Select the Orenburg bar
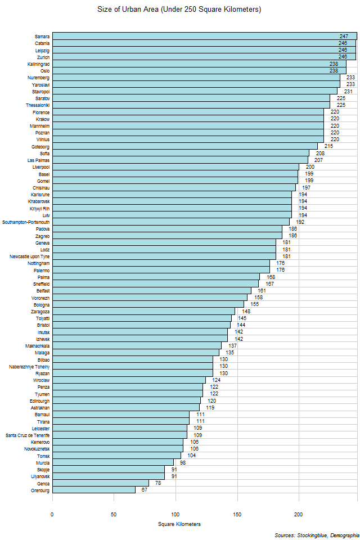coord(94,490)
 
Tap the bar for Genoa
coord(100,483)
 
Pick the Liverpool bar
coord(175,167)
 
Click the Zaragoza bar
coord(143,312)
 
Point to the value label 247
coord(344,37)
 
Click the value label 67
coord(145,490)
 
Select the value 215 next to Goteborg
coord(328,146)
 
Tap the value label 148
coord(246,312)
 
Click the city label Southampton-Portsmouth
coord(26,222)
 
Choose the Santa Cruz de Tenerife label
coord(28,435)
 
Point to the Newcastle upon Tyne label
coord(30,256)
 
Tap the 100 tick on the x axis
coord(175,514)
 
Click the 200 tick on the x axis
coord(299,514)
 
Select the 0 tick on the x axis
coord(52,514)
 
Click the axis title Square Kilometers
coord(179,524)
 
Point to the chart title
coord(179,10)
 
